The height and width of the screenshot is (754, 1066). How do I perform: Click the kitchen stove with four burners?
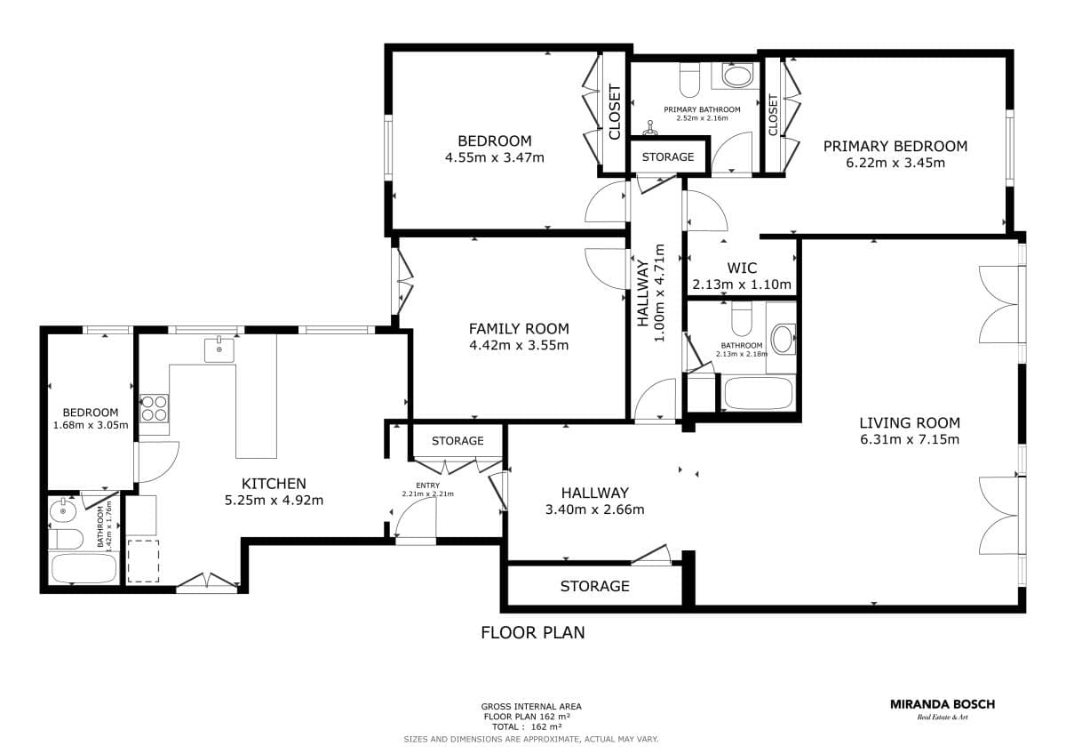[155, 409]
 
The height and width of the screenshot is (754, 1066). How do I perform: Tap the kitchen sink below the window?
[219, 350]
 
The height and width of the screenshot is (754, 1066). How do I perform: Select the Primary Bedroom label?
[895, 146]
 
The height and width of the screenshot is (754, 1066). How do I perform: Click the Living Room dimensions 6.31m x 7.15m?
[910, 439]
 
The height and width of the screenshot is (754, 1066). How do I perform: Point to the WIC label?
[742, 269]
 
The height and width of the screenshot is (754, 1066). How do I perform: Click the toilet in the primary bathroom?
[689, 80]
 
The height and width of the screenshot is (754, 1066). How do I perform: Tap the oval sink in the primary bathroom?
[737, 76]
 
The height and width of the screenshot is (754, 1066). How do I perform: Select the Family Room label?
[519, 329]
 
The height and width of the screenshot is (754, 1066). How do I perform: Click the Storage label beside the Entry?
[457, 441]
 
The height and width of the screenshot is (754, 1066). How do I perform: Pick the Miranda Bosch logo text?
[943, 704]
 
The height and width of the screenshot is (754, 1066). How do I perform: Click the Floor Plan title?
[532, 632]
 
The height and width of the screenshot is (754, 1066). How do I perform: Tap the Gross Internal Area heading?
[531, 707]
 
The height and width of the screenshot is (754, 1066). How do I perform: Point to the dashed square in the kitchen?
[143, 561]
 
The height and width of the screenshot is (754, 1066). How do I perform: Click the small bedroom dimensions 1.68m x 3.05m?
[91, 425]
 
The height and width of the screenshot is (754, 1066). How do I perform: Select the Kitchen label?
[274, 484]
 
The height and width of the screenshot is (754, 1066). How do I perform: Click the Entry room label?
[427, 485]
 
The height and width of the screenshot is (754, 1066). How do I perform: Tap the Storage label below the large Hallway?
[594, 586]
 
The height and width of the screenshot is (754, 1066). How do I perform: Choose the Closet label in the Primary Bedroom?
[773, 115]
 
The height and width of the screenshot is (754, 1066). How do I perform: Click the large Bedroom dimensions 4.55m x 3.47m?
[495, 157]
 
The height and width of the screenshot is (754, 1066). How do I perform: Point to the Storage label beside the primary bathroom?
[668, 156]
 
